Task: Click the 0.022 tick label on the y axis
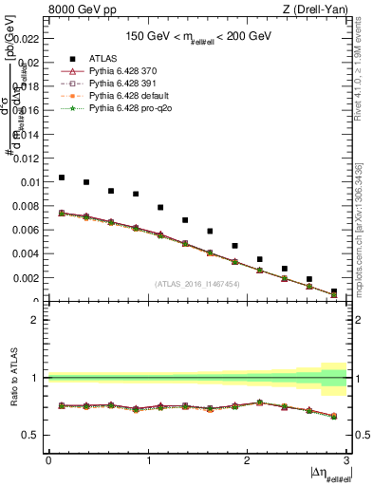[26, 38]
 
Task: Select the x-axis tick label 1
[148, 460]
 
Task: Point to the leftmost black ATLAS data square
[62, 178]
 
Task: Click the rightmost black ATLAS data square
[334, 291]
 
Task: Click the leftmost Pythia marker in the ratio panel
[62, 405]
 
